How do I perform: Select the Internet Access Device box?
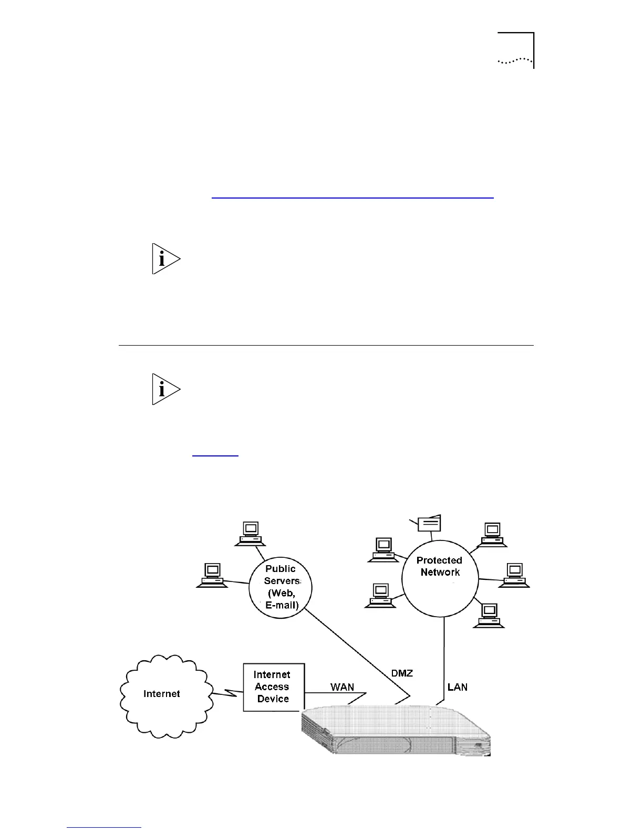click(x=273, y=687)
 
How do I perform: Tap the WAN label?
click(x=342, y=687)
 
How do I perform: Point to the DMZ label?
click(x=402, y=673)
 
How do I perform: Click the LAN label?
click(x=458, y=687)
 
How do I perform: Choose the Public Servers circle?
click(x=281, y=587)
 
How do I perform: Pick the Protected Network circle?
click(x=440, y=578)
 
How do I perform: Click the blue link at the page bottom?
click(x=104, y=827)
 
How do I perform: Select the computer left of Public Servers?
click(x=212, y=575)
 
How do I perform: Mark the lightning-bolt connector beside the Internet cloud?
click(x=227, y=693)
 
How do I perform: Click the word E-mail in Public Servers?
click(x=282, y=605)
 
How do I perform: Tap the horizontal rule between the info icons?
click(x=326, y=346)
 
